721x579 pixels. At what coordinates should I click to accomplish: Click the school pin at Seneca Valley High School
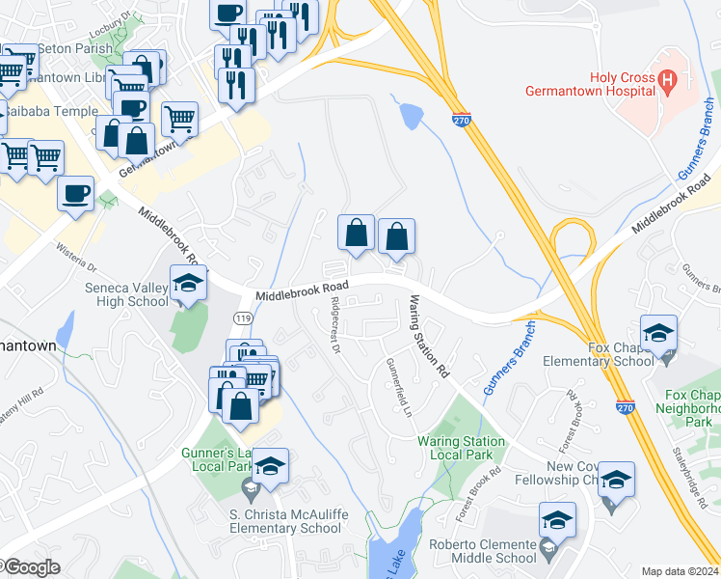coord(188,283)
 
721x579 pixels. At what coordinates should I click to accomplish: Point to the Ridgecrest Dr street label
coord(335,324)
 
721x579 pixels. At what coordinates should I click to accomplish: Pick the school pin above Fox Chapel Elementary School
coord(658,334)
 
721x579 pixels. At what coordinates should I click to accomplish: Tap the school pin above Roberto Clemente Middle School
coord(557,520)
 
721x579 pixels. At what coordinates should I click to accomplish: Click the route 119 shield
coord(244,317)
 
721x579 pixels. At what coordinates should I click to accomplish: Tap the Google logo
coord(32,567)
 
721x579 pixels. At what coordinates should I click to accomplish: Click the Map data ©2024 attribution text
coord(680,571)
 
